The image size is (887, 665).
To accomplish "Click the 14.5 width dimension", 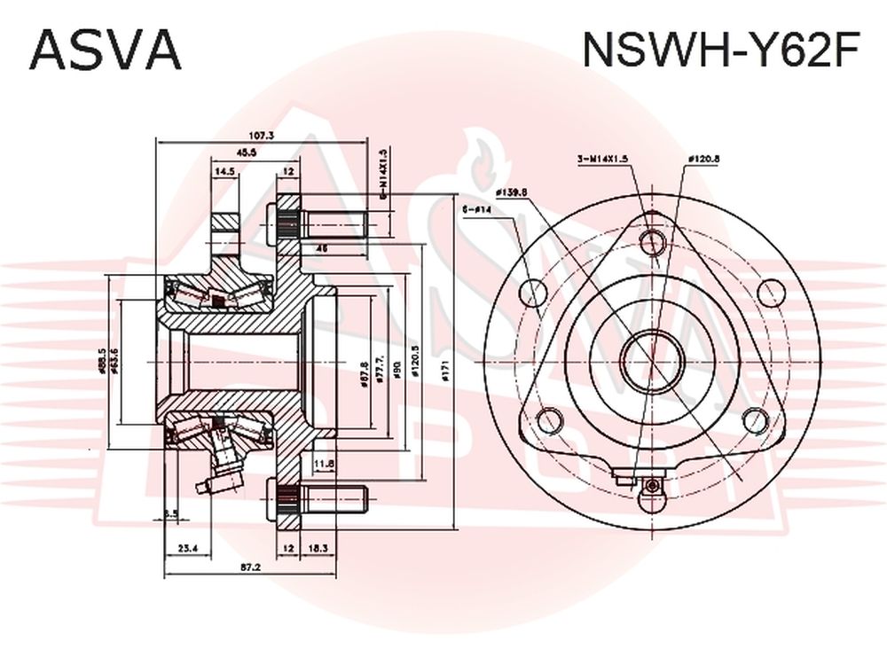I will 224,171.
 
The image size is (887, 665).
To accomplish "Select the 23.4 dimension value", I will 187,549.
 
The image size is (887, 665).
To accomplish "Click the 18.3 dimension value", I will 317,549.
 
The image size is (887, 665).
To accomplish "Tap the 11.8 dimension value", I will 323,463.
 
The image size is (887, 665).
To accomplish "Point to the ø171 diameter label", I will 446,372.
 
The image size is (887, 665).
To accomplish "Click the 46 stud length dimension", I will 323,249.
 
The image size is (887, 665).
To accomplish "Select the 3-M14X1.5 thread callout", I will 602,159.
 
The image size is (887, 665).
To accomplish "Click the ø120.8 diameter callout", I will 703,159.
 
